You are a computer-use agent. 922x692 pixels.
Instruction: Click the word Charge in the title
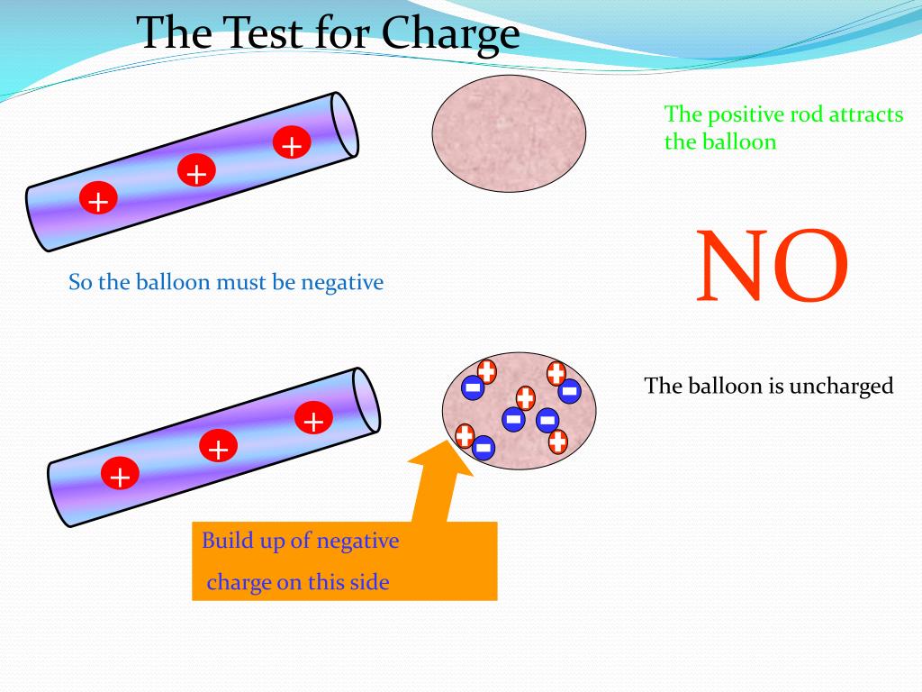(450, 34)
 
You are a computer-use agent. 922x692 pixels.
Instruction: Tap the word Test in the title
(266, 34)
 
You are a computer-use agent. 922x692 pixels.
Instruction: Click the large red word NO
(773, 266)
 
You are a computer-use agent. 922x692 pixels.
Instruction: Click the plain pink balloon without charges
(509, 133)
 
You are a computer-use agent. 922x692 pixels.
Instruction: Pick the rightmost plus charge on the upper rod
(291, 143)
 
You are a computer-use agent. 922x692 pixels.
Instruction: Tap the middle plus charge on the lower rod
(217, 447)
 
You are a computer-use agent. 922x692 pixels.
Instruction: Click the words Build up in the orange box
(237, 542)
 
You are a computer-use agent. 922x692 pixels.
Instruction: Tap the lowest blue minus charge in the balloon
(484, 447)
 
